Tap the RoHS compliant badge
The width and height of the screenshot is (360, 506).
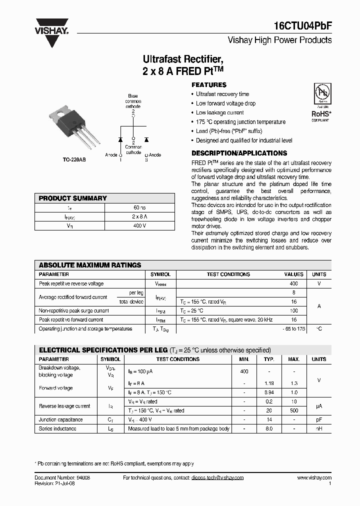coord(320,102)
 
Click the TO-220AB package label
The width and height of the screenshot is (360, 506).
coord(74,159)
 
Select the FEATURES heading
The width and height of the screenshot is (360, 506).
coord(209,85)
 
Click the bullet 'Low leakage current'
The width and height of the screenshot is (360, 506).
coord(219,112)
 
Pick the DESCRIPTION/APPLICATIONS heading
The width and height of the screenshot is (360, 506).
coord(239,153)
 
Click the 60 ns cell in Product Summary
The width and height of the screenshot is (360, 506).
coord(139,207)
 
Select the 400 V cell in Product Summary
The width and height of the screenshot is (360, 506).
coord(139,225)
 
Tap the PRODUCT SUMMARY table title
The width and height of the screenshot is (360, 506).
coord(73,198)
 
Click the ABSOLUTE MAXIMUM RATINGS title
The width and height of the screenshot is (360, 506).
coord(90,265)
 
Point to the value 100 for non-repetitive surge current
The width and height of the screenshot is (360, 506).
coord(294,310)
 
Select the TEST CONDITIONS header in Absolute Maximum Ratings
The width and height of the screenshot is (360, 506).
coord(228,274)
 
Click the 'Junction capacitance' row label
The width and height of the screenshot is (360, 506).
coord(61,419)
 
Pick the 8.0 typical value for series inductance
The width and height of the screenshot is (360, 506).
coord(269,428)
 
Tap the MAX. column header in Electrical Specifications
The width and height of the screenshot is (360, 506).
coord(293,359)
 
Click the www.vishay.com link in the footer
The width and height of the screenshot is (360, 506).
coord(314,478)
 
